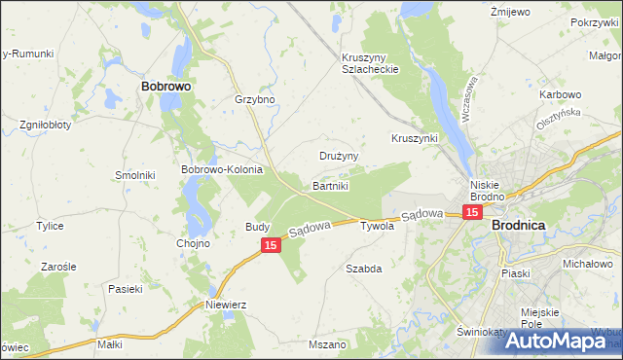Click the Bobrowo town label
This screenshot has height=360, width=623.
coord(165,86)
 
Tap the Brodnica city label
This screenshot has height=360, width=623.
coord(519,224)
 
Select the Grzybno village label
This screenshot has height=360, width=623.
coord(255,99)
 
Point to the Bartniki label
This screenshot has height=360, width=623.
coord(330,184)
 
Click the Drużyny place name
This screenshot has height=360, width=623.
coord(340,155)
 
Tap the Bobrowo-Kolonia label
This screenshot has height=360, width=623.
coord(223,168)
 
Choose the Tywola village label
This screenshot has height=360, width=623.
coord(377,226)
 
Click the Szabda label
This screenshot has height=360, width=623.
coord(364,267)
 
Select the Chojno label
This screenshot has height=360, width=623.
coord(193,243)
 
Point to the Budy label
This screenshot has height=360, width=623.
coord(257,227)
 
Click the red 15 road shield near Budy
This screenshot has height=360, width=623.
coord(271,246)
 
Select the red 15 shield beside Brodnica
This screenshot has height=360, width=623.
coord(472,212)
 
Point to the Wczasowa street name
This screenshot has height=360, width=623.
coord(469,96)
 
